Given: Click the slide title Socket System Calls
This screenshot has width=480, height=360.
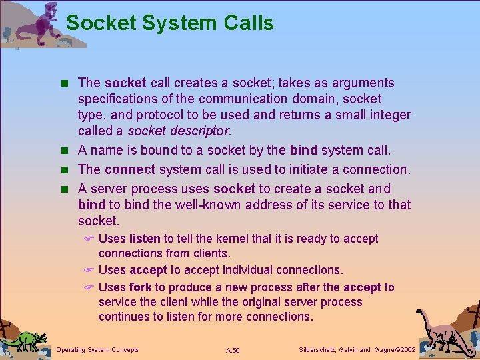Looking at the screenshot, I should (170, 23).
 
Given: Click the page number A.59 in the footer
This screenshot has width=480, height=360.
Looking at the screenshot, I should (233, 350).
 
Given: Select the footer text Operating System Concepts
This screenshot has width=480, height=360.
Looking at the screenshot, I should (98, 350).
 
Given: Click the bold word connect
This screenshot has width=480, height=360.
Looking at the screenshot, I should (129, 169).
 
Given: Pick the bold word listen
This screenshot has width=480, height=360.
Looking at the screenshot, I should (145, 239).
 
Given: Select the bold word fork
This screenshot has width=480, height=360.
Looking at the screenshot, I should (141, 287).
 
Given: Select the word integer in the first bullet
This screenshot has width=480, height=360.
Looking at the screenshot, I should (390, 115).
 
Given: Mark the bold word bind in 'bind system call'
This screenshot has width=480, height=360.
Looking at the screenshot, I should (304, 150).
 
